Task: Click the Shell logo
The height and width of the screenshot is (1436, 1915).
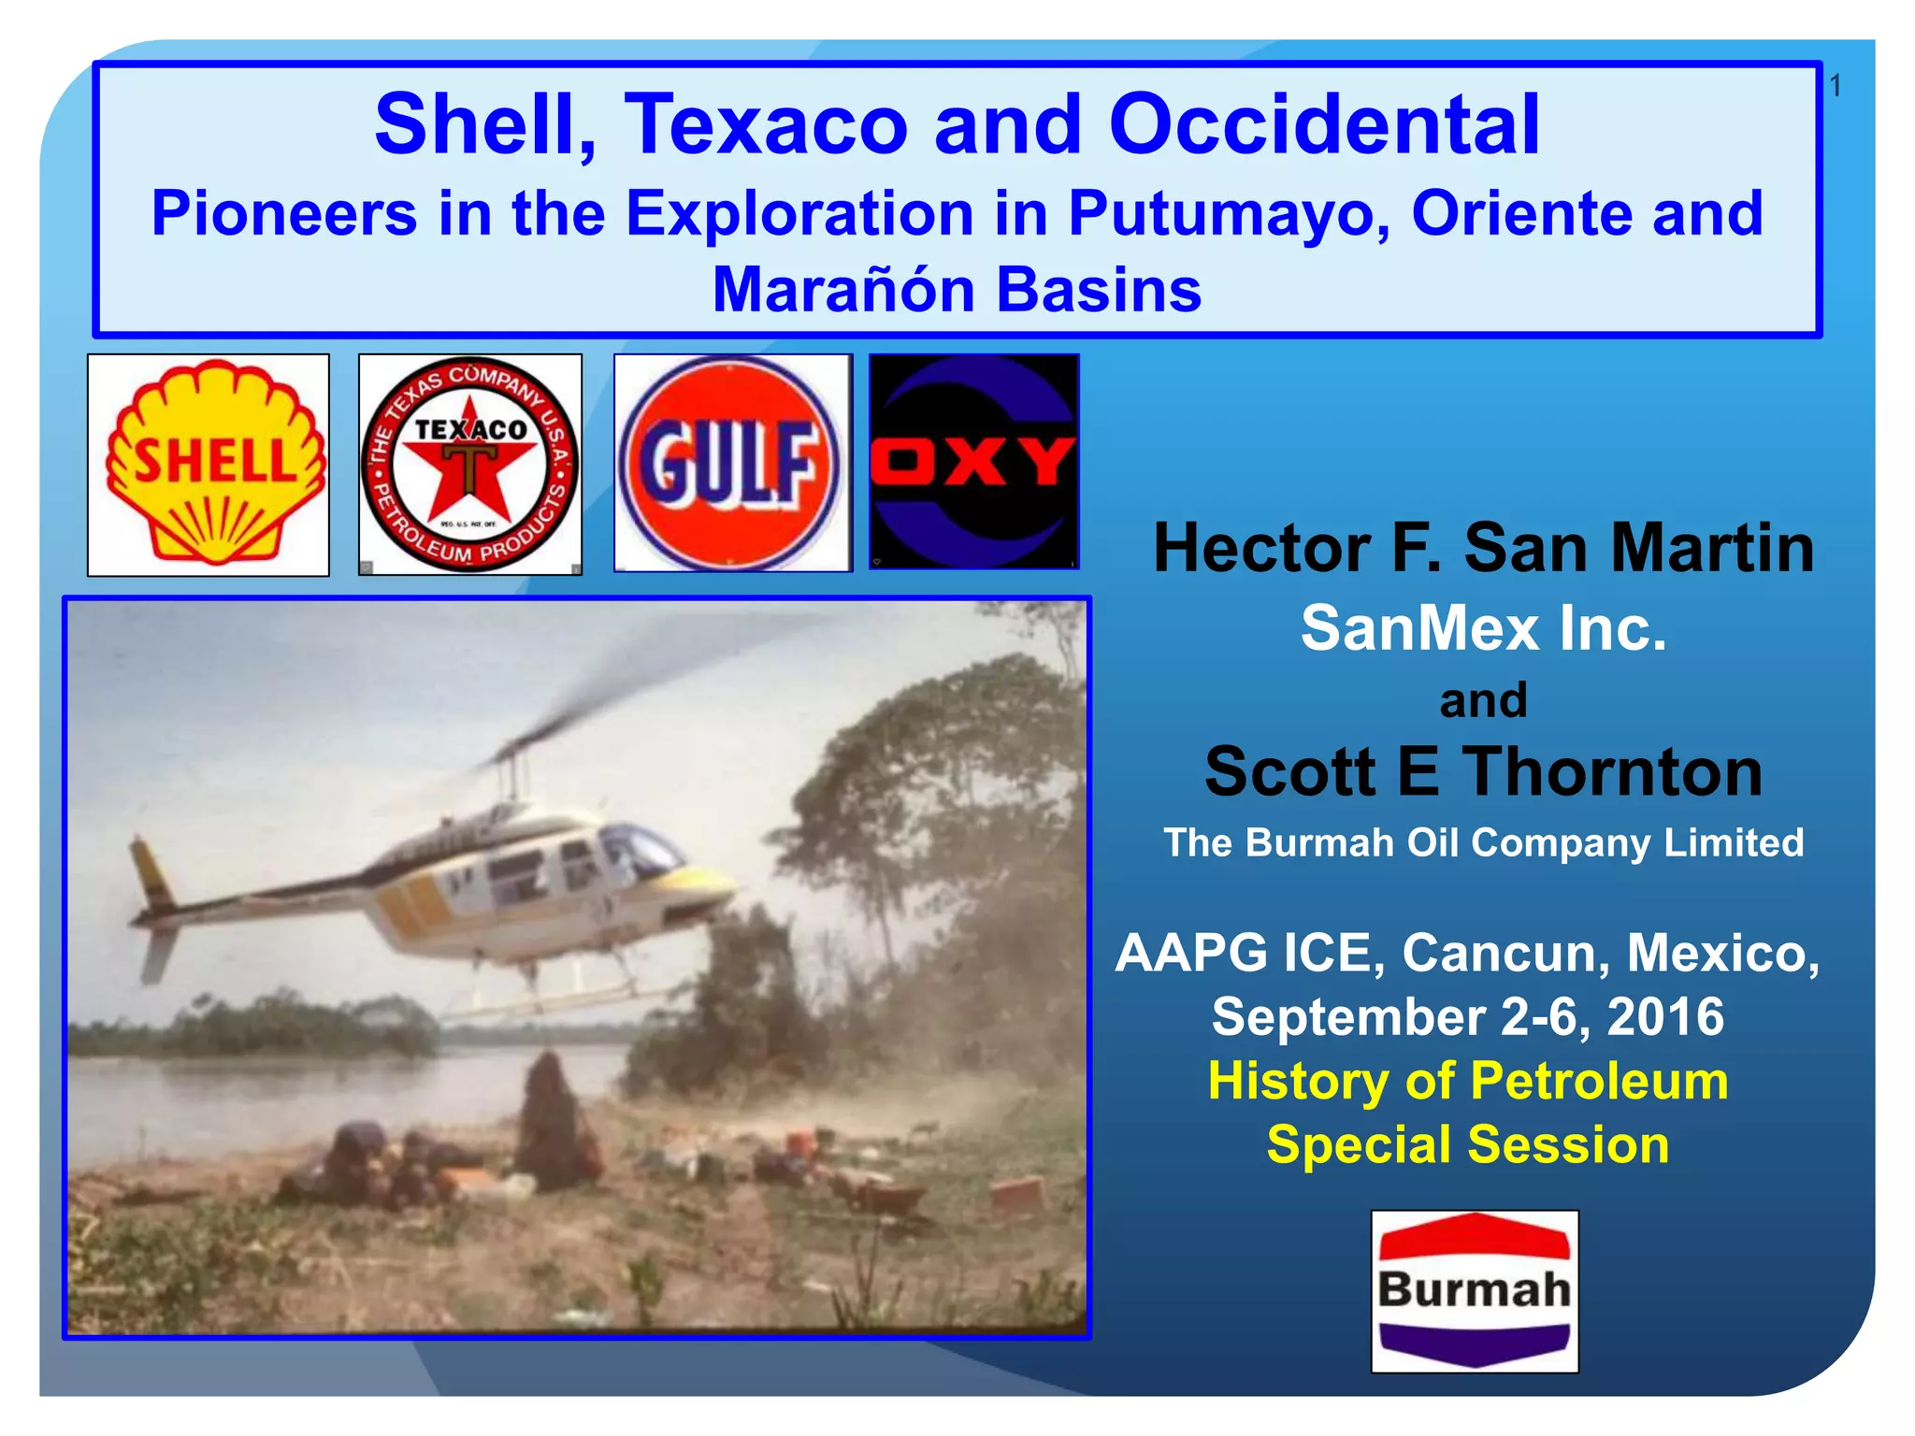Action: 209,465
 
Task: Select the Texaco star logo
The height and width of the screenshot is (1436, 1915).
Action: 470,465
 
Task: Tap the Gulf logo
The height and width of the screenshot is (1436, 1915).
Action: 733,463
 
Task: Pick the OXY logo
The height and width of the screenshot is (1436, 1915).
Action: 974,462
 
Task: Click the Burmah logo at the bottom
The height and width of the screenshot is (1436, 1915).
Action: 1475,1290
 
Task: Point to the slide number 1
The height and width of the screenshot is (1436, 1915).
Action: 1835,86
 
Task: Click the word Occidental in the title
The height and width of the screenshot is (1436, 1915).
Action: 1323,124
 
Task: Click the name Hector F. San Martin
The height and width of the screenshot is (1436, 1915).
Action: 1483,548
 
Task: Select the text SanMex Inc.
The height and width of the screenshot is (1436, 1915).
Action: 1483,627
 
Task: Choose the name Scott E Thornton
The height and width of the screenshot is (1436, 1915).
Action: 1483,772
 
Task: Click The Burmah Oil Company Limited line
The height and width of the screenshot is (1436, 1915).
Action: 1483,842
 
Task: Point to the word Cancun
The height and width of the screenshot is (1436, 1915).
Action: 1505,954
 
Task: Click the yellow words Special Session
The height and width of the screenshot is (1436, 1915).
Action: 1467,1144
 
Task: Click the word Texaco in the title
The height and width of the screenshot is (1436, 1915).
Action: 766,124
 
